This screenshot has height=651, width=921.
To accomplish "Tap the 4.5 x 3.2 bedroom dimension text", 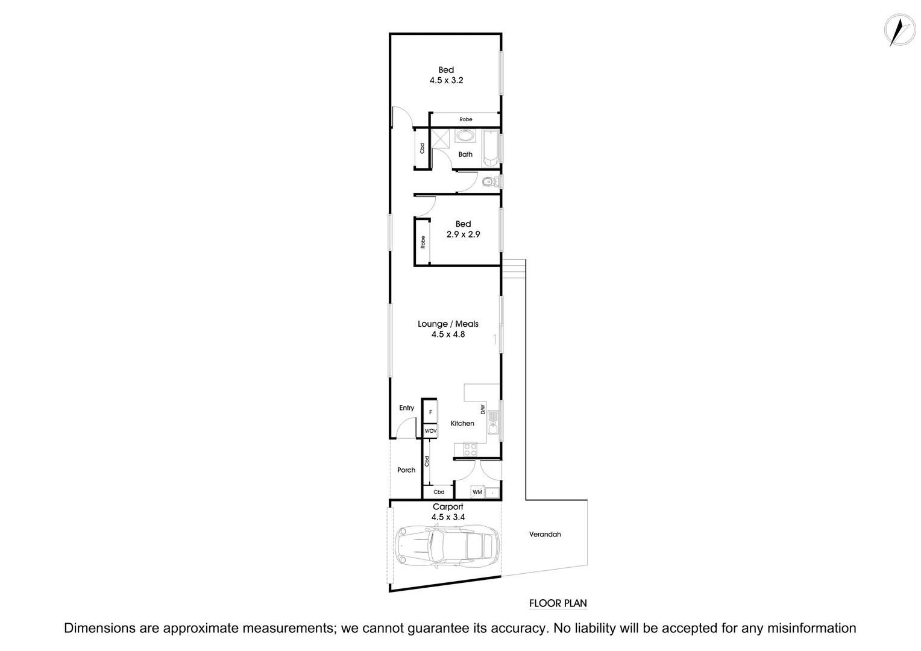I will pyautogui.click(x=446, y=80).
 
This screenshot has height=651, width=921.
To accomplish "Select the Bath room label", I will pyautogui.click(x=465, y=154).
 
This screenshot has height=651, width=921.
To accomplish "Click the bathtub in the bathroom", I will pyautogui.click(x=491, y=146).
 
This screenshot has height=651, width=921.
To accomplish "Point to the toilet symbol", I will pyautogui.click(x=489, y=181).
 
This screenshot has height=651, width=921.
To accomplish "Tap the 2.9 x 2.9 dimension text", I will pyautogui.click(x=463, y=234).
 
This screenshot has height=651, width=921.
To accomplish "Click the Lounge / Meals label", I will pyautogui.click(x=448, y=324).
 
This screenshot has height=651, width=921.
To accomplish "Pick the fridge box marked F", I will pyautogui.click(x=430, y=413).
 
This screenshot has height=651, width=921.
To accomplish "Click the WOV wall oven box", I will pyautogui.click(x=430, y=431).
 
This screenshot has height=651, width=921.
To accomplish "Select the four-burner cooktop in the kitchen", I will pyautogui.click(x=470, y=449).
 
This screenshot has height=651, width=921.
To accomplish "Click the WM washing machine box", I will pyautogui.click(x=477, y=492).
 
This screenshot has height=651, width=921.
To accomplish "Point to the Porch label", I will pyautogui.click(x=406, y=470).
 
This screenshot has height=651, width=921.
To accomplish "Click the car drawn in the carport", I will pyautogui.click(x=447, y=546).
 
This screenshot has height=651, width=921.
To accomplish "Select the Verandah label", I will pyautogui.click(x=545, y=534).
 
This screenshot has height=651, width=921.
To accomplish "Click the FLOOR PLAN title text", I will pyautogui.click(x=558, y=603).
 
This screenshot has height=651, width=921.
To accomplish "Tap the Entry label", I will pyautogui.click(x=407, y=408).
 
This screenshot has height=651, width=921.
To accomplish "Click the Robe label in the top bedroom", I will pyautogui.click(x=465, y=119).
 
